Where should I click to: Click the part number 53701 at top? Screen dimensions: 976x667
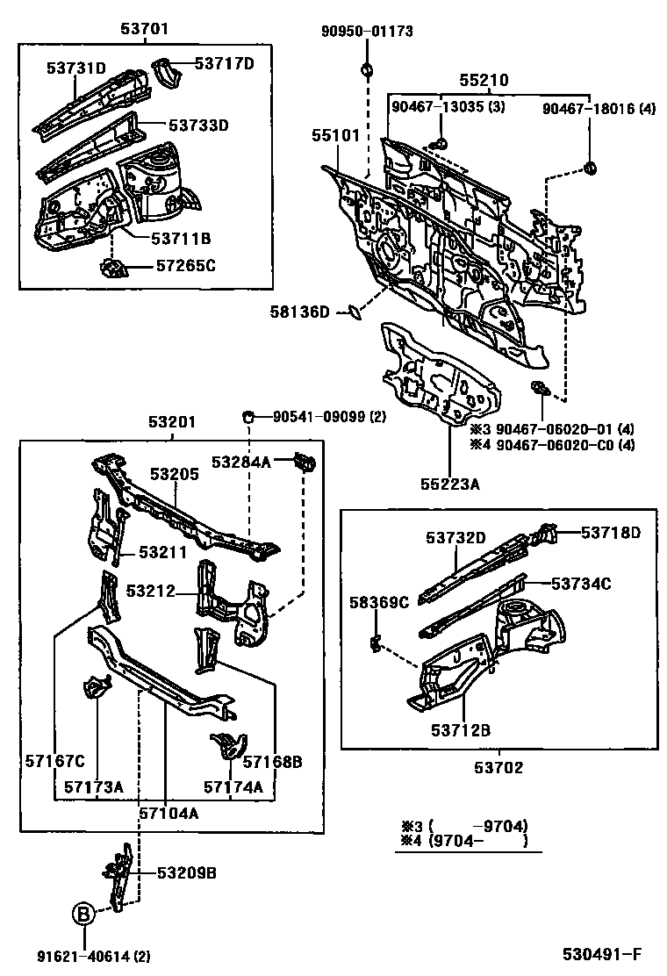tap(145, 29)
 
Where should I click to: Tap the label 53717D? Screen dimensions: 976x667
tap(224, 63)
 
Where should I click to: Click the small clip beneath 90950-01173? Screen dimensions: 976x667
tap(367, 69)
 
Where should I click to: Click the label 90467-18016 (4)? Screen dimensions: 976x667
tap(599, 109)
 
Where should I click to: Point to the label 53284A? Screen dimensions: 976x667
tap(240, 462)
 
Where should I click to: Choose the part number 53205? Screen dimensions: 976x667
tap(174, 474)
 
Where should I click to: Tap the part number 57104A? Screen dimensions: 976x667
tap(168, 813)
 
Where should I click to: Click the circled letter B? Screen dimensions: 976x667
tap(82, 915)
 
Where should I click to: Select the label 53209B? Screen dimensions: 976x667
tap(187, 873)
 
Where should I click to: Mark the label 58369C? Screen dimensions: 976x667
tap(379, 602)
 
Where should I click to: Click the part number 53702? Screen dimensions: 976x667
tap(499, 767)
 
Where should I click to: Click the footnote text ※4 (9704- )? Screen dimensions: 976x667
tap(464, 842)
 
